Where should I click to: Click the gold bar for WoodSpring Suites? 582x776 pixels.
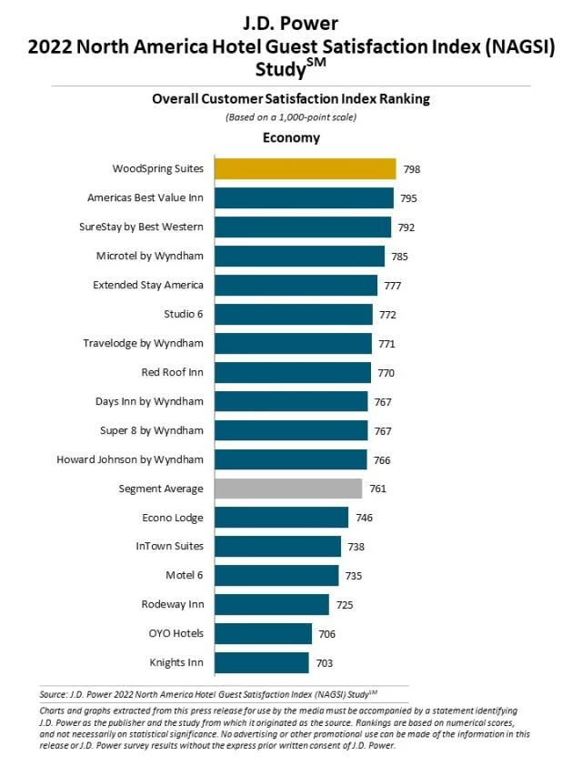304,169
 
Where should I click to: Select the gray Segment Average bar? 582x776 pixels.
287,489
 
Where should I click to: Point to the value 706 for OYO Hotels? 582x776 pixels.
325,634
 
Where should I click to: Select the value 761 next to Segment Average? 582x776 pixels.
377,489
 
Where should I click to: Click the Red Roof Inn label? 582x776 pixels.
172,372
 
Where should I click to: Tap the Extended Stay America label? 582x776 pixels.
148,285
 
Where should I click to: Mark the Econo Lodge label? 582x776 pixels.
173,518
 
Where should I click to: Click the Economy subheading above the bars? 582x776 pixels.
291,138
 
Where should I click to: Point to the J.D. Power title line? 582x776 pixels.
291,15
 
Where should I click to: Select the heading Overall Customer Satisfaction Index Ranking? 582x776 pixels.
291,100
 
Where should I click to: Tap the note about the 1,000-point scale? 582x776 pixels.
291,117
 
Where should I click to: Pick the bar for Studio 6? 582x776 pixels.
293,315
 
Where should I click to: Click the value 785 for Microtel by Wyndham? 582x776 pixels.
400,257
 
